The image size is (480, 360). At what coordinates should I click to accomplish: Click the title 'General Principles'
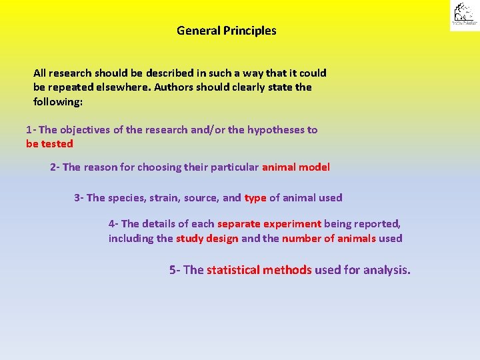(226, 31)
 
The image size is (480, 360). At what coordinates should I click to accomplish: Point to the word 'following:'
(58, 102)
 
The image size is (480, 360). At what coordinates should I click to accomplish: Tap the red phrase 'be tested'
(49, 144)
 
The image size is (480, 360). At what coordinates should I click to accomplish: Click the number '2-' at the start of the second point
(55, 167)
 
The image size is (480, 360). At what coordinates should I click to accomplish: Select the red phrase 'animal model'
(295, 167)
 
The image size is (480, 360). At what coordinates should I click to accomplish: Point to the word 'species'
(127, 198)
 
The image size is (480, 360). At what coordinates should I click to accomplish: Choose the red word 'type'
(255, 198)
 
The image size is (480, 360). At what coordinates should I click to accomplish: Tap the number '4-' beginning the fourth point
(114, 225)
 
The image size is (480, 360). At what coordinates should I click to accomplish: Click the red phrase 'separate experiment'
(269, 225)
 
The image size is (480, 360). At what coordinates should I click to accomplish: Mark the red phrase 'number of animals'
(329, 239)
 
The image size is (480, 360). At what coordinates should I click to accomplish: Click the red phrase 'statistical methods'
(259, 270)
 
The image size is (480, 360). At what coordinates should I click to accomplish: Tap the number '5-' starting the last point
(175, 270)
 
